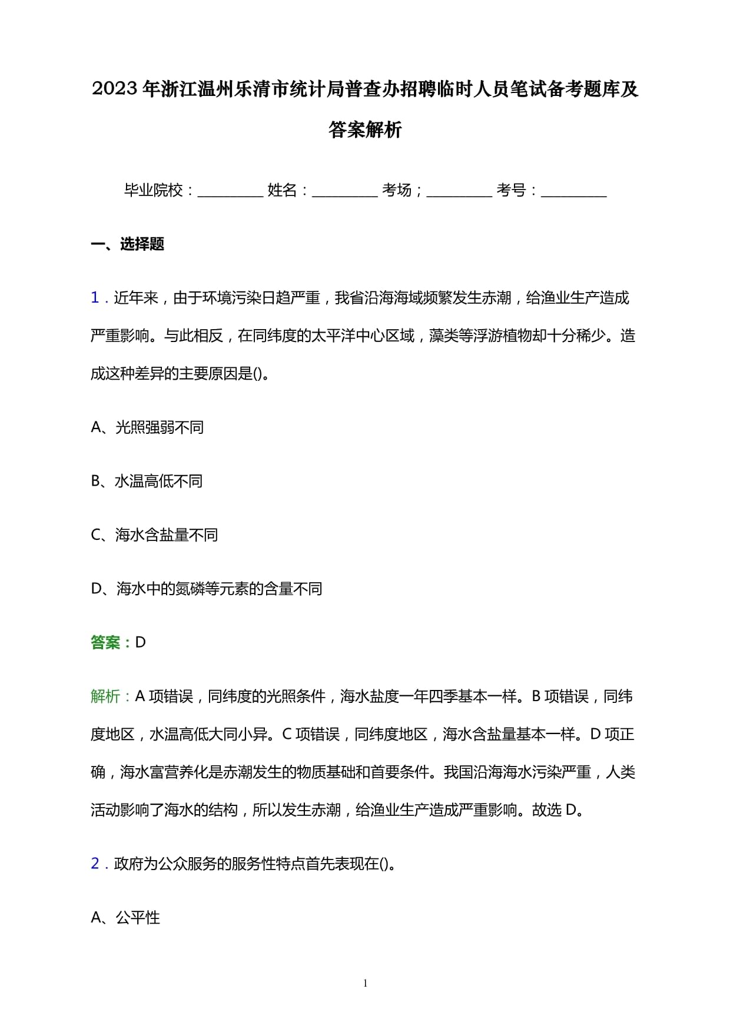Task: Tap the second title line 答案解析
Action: pos(365,130)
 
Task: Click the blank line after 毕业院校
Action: pos(230,192)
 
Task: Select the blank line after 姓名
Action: pos(344,192)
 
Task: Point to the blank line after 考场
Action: pos(459,192)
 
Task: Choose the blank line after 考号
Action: pos(573,192)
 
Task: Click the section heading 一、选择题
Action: pos(127,244)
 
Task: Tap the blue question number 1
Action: pos(95,298)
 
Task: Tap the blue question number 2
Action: pos(95,864)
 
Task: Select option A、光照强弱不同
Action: pos(147,427)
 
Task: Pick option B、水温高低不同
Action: pos(147,482)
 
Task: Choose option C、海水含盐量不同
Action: pos(154,535)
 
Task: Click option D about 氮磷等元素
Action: pos(206,589)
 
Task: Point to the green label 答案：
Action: pos(112,643)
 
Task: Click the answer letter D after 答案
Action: pos(141,643)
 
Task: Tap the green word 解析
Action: pos(105,696)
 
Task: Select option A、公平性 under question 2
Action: pos(125,918)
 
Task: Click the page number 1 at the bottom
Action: pos(365,983)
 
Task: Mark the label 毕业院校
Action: pos(154,190)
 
